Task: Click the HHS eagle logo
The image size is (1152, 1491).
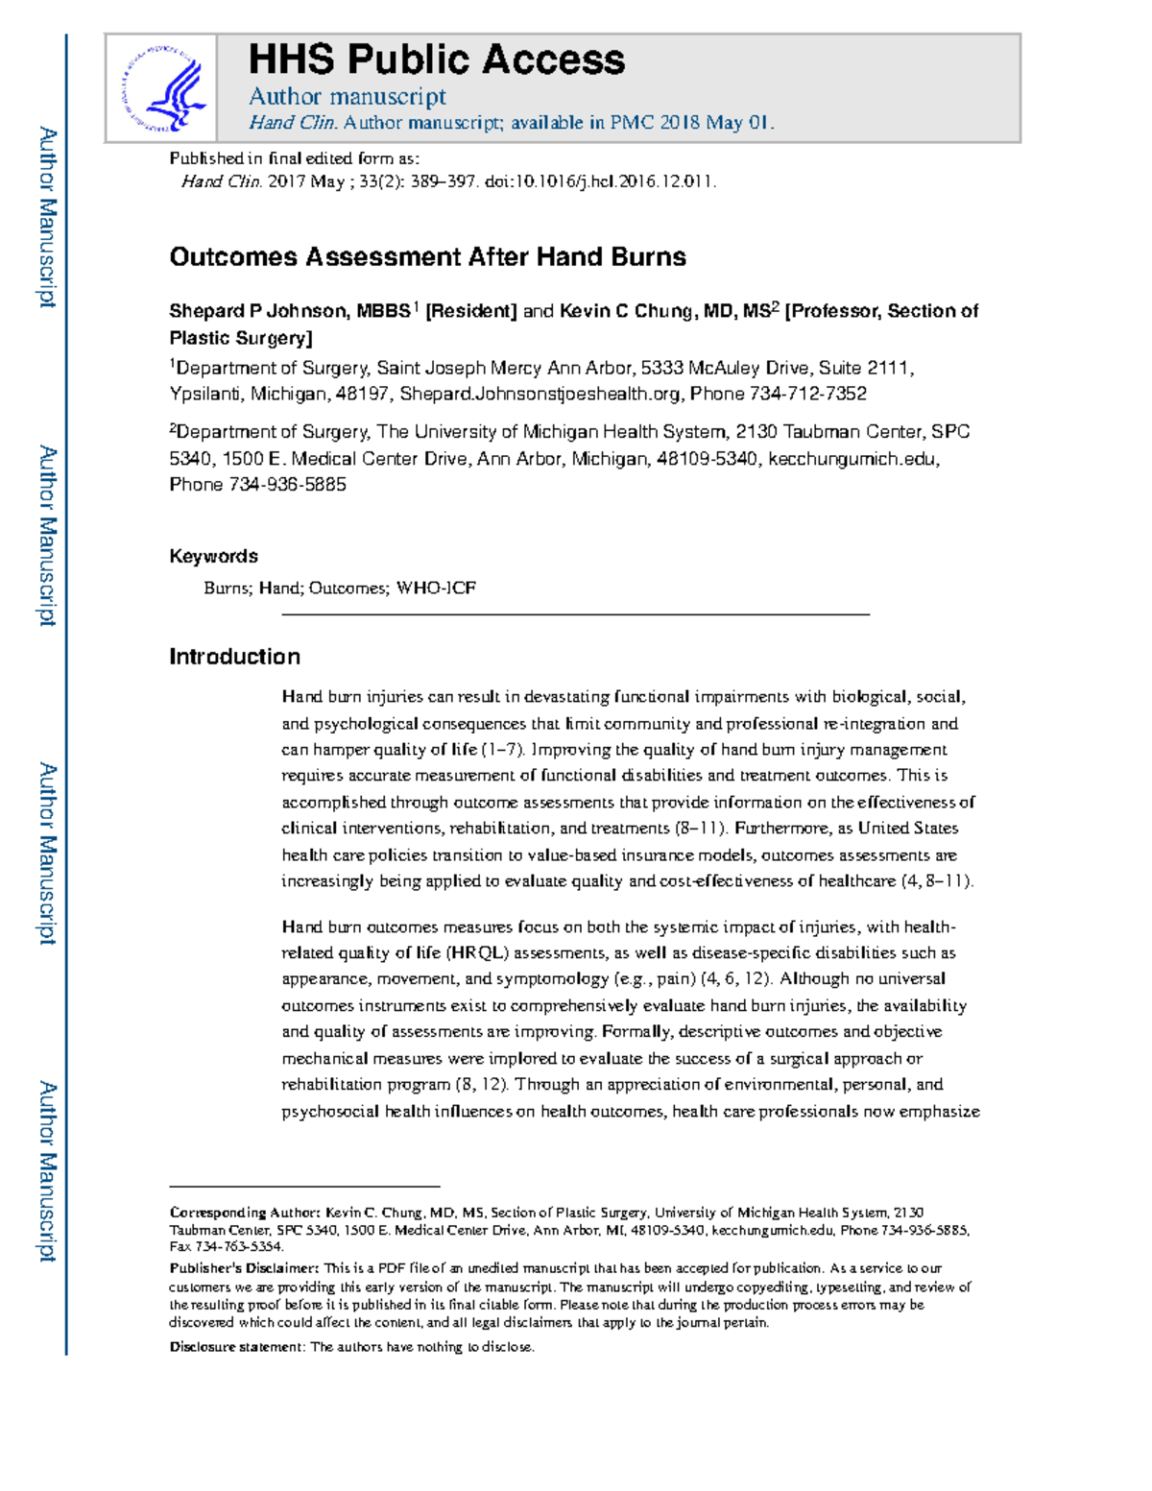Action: click(160, 88)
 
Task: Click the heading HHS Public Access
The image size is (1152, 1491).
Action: click(437, 60)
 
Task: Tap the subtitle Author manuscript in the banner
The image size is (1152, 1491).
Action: click(347, 96)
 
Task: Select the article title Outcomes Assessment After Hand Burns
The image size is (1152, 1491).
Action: click(427, 257)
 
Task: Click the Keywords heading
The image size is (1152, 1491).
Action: click(213, 556)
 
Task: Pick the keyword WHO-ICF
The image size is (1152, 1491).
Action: click(436, 588)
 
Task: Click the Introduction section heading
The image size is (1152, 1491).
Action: click(234, 657)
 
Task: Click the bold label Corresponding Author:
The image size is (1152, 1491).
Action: click(245, 1213)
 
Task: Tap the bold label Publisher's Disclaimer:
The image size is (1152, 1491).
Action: click(244, 1268)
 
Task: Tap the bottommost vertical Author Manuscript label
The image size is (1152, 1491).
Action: click(47, 1171)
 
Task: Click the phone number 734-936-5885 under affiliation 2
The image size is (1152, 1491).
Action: click(287, 485)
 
